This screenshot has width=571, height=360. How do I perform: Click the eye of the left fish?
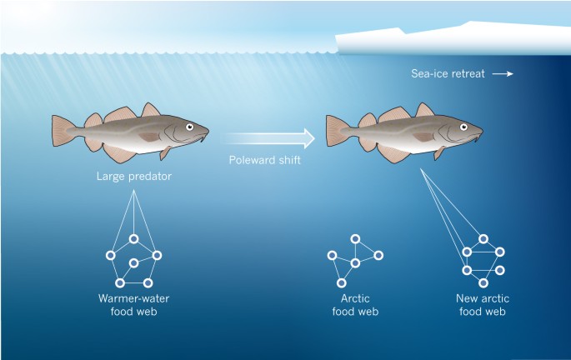[x=189, y=127]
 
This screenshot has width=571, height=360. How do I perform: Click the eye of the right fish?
[x=464, y=127]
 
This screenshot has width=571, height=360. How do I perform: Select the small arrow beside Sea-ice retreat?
[x=502, y=74]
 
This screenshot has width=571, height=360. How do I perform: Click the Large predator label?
[x=130, y=177]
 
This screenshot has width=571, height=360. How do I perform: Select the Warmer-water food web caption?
[x=133, y=305]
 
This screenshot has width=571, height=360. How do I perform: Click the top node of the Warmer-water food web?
[x=133, y=239]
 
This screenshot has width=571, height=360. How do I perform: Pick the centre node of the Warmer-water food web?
[x=133, y=262]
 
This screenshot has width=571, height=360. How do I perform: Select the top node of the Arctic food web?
[x=356, y=239]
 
